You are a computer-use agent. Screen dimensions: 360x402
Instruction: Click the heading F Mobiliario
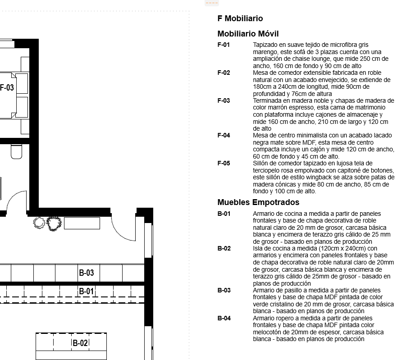[x=240, y=19]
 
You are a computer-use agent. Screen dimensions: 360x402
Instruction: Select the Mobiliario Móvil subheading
[x=248, y=34]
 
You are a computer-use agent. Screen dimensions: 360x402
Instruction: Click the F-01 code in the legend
[x=224, y=45]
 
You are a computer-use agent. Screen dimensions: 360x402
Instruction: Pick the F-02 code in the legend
[x=224, y=73]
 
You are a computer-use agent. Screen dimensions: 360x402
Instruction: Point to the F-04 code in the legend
[x=224, y=135]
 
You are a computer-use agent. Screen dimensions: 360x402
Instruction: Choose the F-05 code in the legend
[x=224, y=163]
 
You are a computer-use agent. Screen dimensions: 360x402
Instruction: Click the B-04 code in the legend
[x=224, y=318]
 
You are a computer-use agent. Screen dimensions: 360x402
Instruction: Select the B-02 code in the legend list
[x=224, y=248]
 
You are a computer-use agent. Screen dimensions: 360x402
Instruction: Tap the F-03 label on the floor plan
[x=7, y=88]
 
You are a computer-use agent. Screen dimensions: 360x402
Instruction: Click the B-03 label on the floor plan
[x=87, y=273]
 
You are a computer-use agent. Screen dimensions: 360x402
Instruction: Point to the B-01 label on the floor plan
[x=87, y=292]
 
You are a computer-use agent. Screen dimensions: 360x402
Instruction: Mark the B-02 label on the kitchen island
[x=80, y=343]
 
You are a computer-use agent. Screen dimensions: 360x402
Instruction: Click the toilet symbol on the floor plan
[x=17, y=151]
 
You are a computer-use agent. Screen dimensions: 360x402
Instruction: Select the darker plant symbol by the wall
[x=54, y=223]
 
